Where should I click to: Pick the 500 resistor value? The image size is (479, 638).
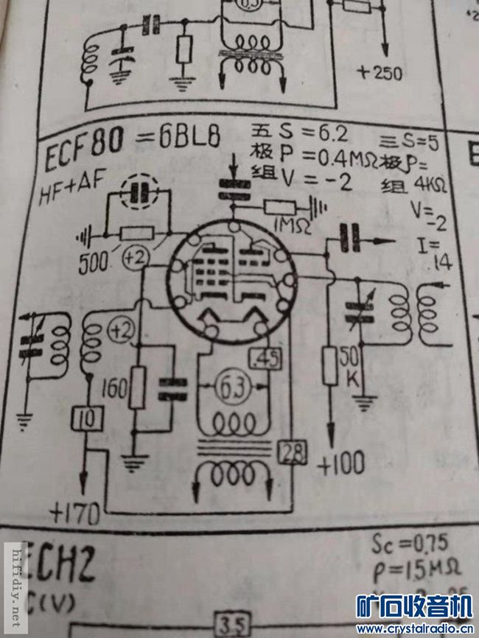pos(92,260)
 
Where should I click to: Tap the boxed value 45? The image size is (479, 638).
pos(263,359)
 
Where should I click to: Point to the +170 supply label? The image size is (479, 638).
pos(74,511)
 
